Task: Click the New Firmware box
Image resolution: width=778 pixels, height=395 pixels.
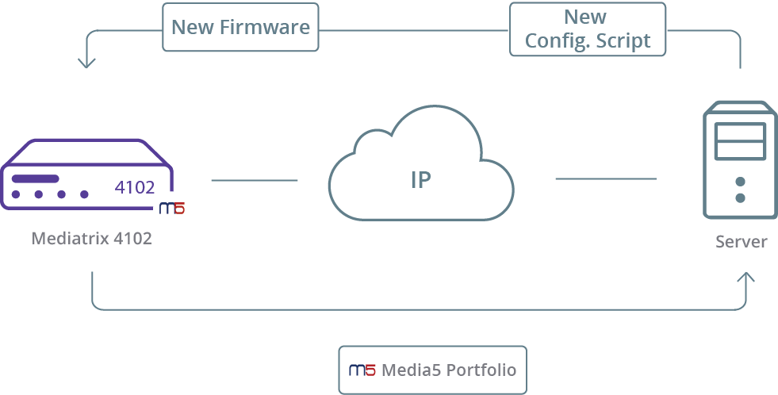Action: pyautogui.click(x=240, y=27)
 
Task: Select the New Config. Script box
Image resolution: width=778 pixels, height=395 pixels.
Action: pyautogui.click(x=588, y=29)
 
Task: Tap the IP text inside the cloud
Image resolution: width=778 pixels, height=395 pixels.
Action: pyautogui.click(x=421, y=179)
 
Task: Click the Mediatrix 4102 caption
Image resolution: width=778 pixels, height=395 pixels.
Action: pyautogui.click(x=92, y=239)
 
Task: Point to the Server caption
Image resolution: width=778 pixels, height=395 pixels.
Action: pyautogui.click(x=742, y=242)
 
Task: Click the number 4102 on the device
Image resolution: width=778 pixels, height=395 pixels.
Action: pyautogui.click(x=135, y=187)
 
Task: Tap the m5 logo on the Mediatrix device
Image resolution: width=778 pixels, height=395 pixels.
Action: pyautogui.click(x=171, y=209)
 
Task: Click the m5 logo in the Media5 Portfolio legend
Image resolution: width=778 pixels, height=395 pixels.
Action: pyautogui.click(x=362, y=370)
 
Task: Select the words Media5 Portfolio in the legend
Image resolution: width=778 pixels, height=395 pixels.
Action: pyautogui.click(x=449, y=370)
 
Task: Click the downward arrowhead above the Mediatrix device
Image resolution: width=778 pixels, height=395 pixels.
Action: pyautogui.click(x=86, y=62)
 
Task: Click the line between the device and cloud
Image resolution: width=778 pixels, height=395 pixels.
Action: pyautogui.click(x=255, y=180)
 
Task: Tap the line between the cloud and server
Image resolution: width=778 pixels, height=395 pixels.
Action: pyautogui.click(x=606, y=178)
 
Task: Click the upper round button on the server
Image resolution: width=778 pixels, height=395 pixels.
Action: pyautogui.click(x=740, y=182)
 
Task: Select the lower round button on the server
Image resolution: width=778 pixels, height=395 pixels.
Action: pyautogui.click(x=740, y=198)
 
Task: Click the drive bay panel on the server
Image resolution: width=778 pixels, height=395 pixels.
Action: pyautogui.click(x=740, y=141)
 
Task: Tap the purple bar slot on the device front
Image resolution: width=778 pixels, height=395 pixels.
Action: pyautogui.click(x=35, y=178)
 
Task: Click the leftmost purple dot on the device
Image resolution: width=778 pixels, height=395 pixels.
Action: pyautogui.click(x=16, y=194)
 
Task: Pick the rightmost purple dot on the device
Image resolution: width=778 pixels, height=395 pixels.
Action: pyautogui.click(x=84, y=194)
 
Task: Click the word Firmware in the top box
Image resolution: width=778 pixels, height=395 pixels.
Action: pyautogui.click(x=265, y=27)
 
